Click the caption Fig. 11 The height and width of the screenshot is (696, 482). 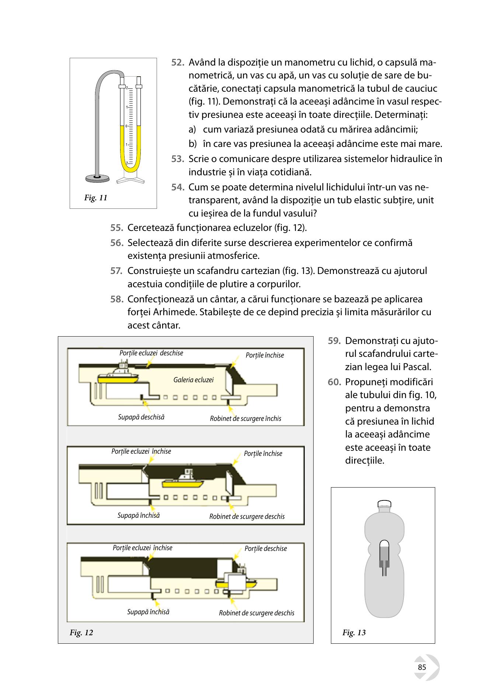pos(96,198)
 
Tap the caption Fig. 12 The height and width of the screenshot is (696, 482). pos(81,633)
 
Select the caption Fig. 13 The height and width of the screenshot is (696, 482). pos(354,633)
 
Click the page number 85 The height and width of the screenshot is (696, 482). pos(422,668)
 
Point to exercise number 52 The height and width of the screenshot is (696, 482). pos(178,63)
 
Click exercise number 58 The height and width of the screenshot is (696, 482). pos(117,299)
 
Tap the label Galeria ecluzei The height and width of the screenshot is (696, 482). pos(193,380)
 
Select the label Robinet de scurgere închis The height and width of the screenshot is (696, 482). pos(245,419)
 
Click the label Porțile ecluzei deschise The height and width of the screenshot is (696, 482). pos(151,353)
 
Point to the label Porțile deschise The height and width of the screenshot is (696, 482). pos(266,549)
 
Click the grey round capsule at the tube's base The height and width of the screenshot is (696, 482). pos(97,178)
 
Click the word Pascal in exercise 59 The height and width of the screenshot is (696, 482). pos(419,367)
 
